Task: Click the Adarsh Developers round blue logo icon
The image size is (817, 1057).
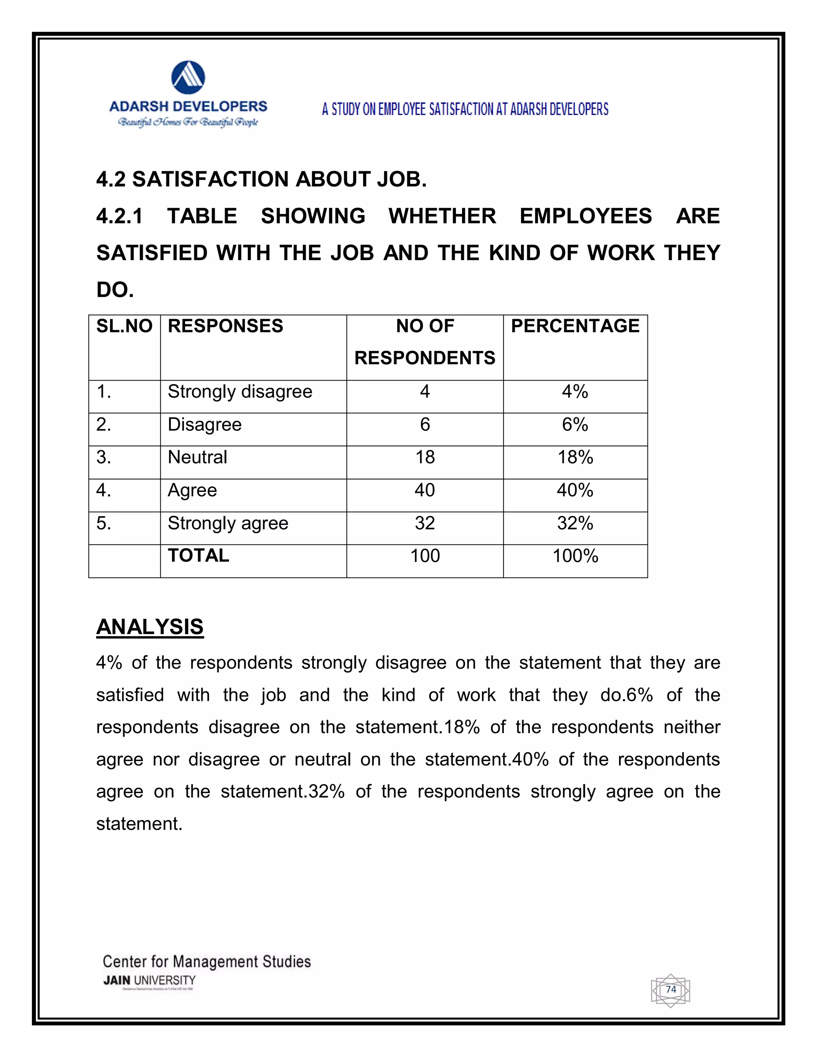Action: (x=188, y=77)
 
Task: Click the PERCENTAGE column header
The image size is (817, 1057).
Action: (x=575, y=326)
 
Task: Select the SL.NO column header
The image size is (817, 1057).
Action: (x=124, y=326)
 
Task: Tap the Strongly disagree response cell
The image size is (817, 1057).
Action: (x=240, y=392)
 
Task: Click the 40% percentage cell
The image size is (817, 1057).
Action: (x=575, y=490)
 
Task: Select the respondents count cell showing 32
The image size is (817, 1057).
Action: (x=424, y=523)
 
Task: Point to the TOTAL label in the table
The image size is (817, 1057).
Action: (x=198, y=556)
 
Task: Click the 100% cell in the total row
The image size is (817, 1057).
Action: (x=575, y=556)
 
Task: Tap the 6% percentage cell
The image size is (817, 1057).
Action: (x=575, y=424)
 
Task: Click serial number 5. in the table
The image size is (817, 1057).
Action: (x=104, y=523)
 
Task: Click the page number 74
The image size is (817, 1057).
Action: (x=671, y=989)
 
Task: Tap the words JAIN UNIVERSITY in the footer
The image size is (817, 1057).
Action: (x=149, y=980)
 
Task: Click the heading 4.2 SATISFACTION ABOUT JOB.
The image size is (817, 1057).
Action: (x=261, y=179)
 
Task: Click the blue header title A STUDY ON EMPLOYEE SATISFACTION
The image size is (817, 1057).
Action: (x=465, y=109)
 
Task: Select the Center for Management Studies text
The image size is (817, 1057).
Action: (x=207, y=961)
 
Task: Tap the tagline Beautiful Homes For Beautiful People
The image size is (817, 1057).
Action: (x=188, y=122)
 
